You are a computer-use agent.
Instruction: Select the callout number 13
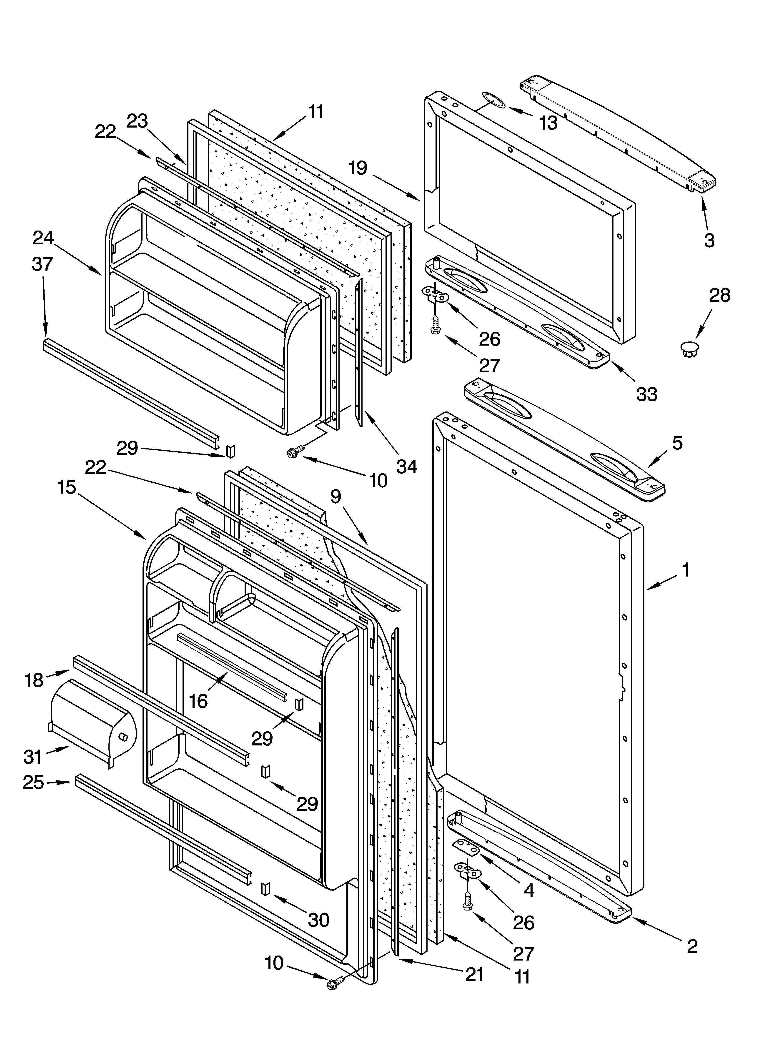pyautogui.click(x=548, y=123)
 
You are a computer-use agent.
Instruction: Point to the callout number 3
pyautogui.click(x=709, y=240)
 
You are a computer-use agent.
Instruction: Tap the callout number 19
pyautogui.click(x=358, y=168)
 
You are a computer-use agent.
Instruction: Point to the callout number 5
pyautogui.click(x=677, y=443)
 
